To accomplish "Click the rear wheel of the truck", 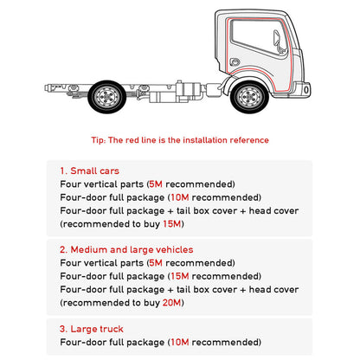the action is coord(107,97).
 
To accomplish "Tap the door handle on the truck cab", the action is coord(235,61).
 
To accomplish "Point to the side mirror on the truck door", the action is coord(278,41).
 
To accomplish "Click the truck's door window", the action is coord(259,37).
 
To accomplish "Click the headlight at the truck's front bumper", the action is coord(306,90).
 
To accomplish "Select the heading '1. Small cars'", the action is coord(89,170).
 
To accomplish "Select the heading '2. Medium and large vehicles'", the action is coord(126,249).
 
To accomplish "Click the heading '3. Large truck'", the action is coord(92,329).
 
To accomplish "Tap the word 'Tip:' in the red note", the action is coord(99,140).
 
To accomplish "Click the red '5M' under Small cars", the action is coord(156,184).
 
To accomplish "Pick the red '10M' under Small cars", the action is coord(180,197).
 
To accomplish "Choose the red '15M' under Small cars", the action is coord(172,224).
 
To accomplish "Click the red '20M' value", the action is coord(172,303).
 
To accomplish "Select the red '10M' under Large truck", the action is coord(180,342).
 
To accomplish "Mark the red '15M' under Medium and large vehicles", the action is coord(180,276).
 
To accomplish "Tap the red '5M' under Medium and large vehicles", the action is coord(156,263).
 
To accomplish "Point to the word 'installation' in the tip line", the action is coord(205,140).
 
